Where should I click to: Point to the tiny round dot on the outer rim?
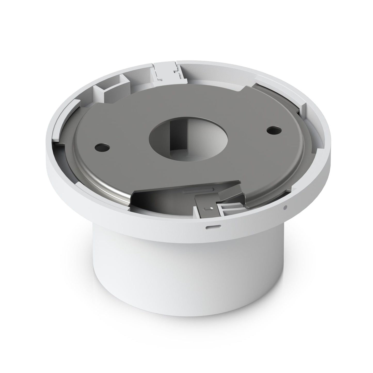pos(285,207)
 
